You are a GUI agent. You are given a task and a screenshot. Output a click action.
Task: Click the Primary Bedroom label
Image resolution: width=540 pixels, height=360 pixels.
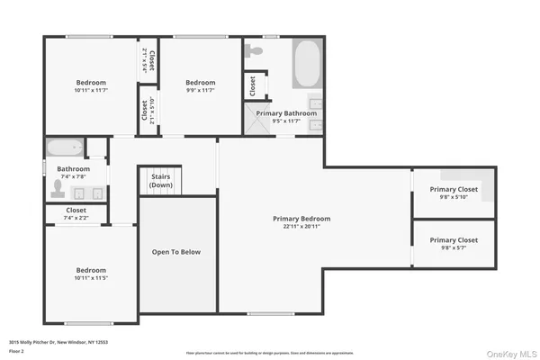(x=301, y=219)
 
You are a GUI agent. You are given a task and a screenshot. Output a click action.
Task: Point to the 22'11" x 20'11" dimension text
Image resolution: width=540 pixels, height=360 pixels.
(x=301, y=227)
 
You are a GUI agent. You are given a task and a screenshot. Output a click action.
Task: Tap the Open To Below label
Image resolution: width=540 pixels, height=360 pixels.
(x=176, y=252)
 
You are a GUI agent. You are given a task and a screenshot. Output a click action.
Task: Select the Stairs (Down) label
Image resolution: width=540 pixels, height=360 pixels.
(x=161, y=181)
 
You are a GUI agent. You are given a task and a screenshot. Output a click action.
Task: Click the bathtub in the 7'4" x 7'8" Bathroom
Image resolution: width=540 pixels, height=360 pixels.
(x=65, y=148)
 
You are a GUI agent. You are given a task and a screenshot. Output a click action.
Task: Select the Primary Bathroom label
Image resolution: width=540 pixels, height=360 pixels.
(x=286, y=113)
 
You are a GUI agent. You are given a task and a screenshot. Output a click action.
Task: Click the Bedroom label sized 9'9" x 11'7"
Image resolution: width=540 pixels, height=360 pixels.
(x=200, y=83)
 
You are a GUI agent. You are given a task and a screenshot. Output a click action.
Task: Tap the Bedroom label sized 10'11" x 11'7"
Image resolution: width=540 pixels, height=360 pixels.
(x=90, y=83)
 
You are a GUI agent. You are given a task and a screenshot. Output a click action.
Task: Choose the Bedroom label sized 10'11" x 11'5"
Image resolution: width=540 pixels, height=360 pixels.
(x=90, y=270)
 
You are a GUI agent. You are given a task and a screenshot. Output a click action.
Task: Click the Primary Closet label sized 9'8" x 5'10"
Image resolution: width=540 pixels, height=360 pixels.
(x=454, y=189)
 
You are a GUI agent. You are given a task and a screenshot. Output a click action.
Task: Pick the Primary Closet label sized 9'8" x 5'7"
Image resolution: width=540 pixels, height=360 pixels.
(x=454, y=240)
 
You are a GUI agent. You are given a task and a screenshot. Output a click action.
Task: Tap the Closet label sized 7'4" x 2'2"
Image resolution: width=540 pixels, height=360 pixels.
(x=76, y=210)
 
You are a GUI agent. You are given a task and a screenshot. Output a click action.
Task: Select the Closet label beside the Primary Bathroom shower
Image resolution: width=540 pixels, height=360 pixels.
(x=253, y=86)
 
